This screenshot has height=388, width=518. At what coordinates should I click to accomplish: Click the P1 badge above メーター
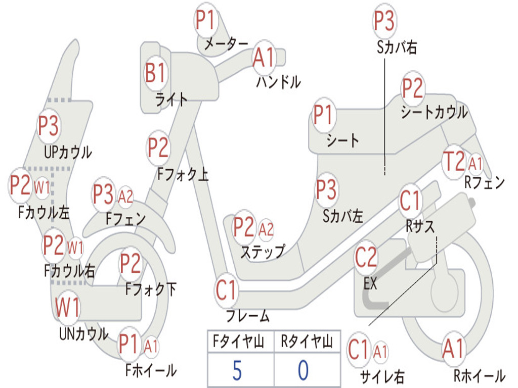point(206,21)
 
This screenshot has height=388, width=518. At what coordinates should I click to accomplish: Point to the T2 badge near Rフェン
point(453,162)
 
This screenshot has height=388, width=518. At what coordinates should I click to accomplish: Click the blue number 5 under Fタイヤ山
point(237,370)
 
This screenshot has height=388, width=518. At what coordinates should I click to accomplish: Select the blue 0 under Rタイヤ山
point(303,370)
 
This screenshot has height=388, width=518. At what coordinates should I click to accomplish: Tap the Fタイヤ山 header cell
point(240,343)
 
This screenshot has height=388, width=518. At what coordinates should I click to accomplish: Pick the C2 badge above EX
point(366,258)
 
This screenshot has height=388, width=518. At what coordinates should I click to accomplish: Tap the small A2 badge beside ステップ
point(266,229)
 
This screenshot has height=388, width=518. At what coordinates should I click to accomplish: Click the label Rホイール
point(479,376)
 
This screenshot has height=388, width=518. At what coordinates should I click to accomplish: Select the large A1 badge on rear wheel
point(453,349)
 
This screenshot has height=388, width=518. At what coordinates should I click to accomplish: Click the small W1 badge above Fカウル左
point(42,187)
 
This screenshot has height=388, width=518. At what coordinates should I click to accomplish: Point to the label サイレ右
point(382,376)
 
